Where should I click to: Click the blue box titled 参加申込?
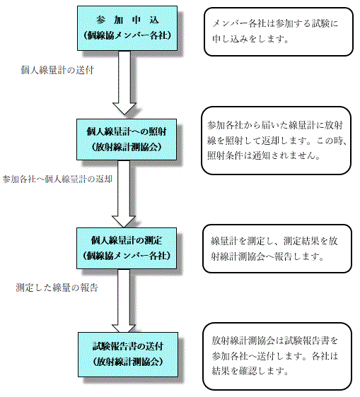pos(127,28)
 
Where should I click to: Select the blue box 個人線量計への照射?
pos(127,139)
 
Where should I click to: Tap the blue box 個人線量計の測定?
pos(127,248)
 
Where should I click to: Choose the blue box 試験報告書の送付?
pos(128,355)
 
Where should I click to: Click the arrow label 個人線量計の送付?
pos(57,70)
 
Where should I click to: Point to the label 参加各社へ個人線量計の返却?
pos(57,179)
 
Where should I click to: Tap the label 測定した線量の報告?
pos(57,288)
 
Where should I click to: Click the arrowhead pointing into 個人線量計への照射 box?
pos(124,109)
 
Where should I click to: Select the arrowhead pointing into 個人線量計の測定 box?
pos(124,221)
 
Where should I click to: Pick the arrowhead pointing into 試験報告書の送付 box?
pos(124,328)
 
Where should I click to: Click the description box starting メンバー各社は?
pos(279,32)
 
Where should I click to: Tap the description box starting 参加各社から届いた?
pos(276,141)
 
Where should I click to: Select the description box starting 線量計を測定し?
pos(277,249)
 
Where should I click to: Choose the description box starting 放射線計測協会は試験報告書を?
pos(277,357)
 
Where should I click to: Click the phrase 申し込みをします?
pos(250,39)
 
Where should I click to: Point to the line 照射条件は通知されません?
pos(264,155)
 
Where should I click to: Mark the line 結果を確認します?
pos(250,371)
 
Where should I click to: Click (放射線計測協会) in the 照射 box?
pos(127,147)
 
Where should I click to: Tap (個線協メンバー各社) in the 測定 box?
pos(127,256)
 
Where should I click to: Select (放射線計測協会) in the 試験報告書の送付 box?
pos(128,362)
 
